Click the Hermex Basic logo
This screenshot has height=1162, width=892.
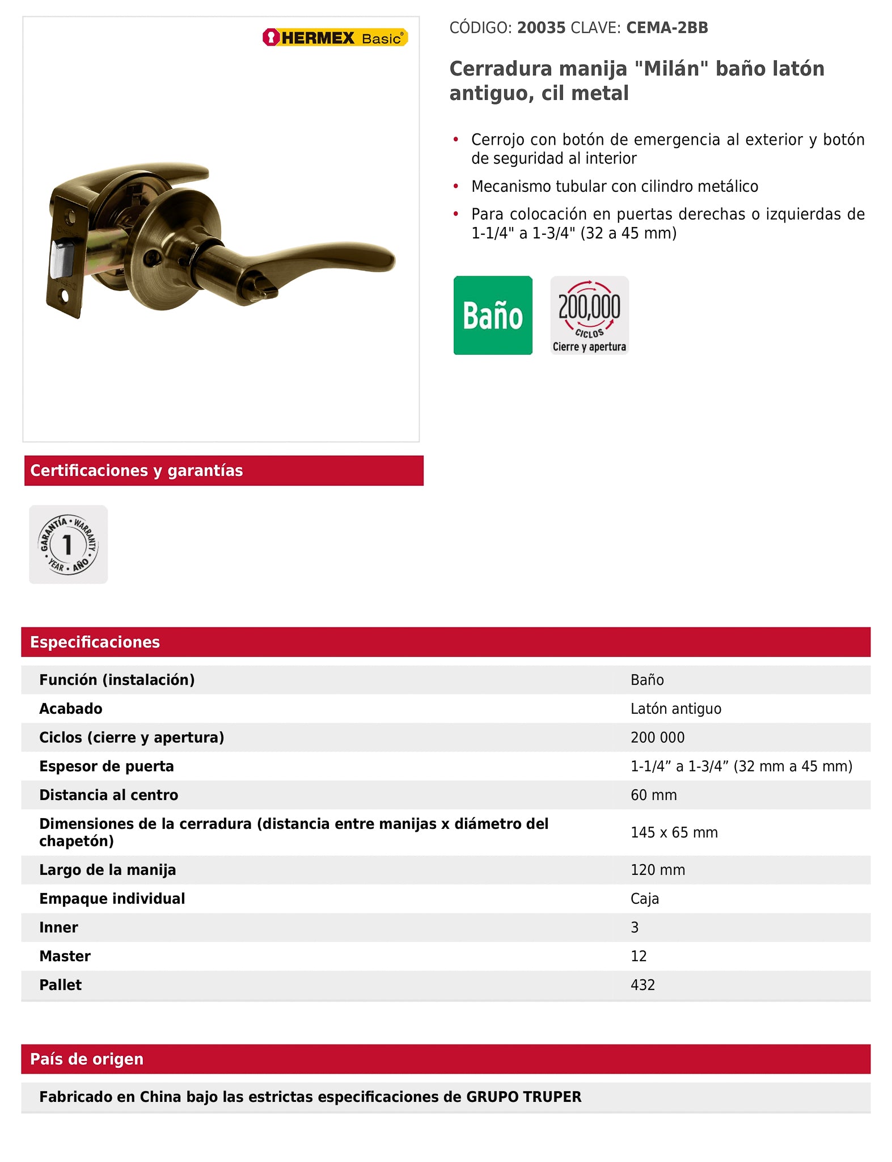(x=335, y=38)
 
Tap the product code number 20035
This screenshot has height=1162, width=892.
(x=541, y=28)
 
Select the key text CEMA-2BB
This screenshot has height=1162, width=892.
(x=667, y=28)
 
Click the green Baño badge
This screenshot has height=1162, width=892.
(x=493, y=315)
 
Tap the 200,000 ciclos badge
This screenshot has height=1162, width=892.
(x=589, y=315)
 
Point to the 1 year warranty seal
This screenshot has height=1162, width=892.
(x=68, y=545)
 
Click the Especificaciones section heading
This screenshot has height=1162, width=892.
(x=95, y=642)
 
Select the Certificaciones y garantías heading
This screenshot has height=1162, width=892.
(x=136, y=471)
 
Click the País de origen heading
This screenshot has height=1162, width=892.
(x=87, y=1059)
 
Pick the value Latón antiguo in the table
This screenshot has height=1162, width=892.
(x=675, y=709)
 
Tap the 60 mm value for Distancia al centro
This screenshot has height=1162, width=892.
(x=653, y=795)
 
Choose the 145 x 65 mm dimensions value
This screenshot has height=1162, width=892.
(x=674, y=832)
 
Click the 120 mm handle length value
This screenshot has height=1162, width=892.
(x=658, y=870)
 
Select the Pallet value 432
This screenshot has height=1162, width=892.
(x=642, y=985)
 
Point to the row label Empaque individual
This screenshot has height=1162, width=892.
(x=112, y=899)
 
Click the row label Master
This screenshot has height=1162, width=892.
(x=65, y=956)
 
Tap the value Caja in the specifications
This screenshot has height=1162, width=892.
(x=645, y=899)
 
